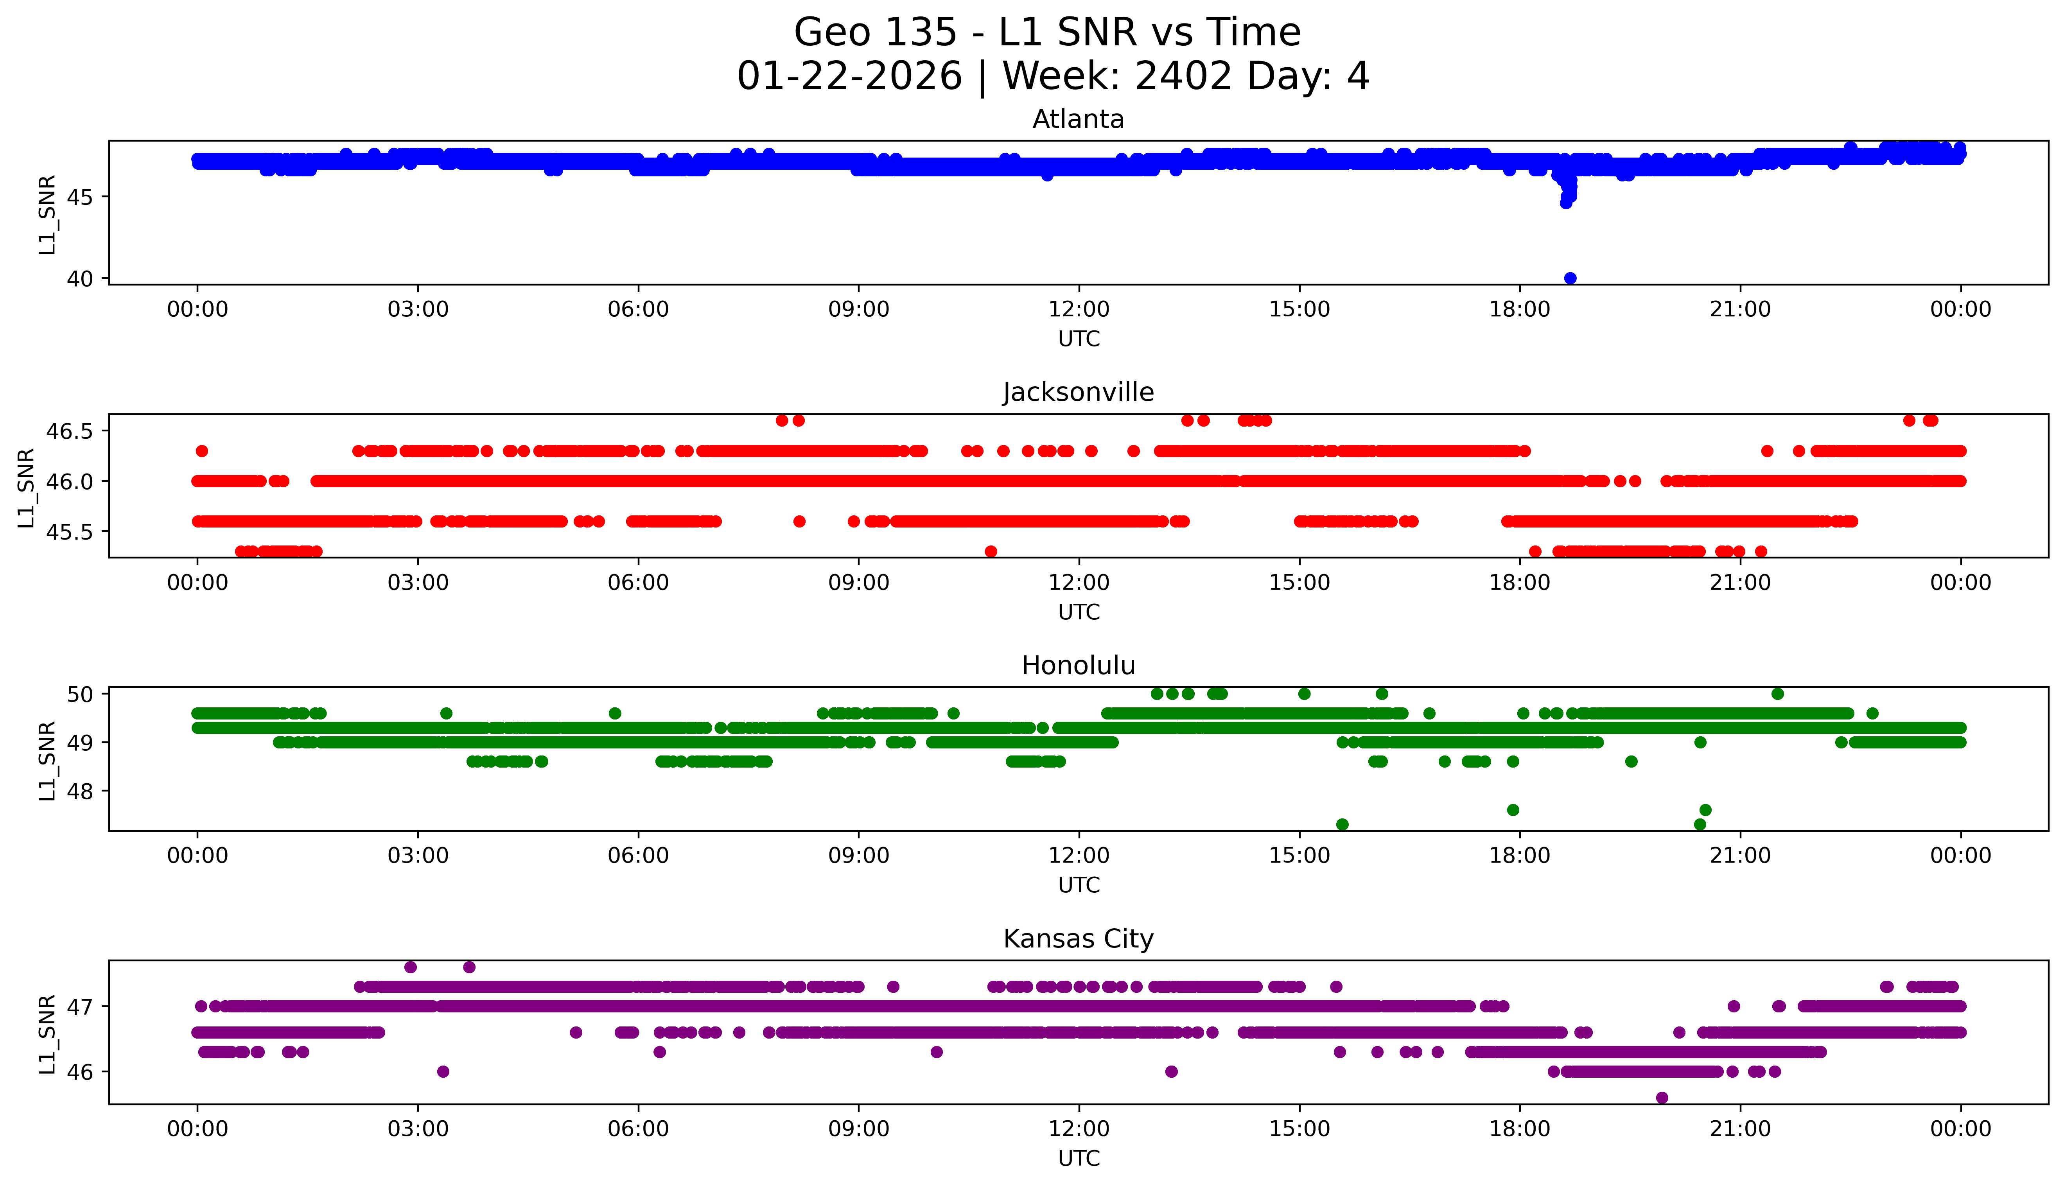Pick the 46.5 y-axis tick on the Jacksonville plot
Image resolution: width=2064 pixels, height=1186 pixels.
(72, 431)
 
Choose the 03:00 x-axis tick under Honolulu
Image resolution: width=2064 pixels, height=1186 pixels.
(418, 855)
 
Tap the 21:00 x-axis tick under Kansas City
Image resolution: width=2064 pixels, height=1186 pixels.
(1740, 1129)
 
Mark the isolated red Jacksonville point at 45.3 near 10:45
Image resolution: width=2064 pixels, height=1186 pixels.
(991, 551)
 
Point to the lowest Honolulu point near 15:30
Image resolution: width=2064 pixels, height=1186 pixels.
(1342, 824)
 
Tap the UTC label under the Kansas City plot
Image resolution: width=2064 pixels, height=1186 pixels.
(1079, 1157)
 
